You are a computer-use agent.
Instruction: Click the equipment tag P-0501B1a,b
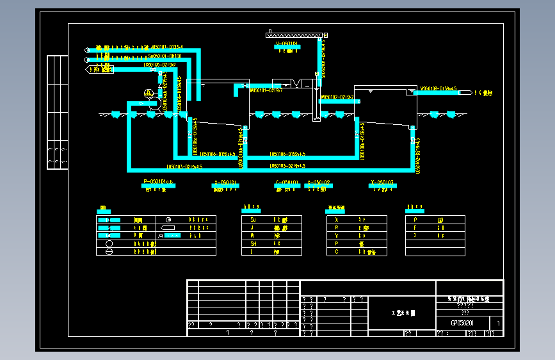[x=159, y=183]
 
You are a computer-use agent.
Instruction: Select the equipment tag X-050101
[x=225, y=183]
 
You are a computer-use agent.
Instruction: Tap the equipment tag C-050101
[x=287, y=183]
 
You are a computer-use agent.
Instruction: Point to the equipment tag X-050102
[x=318, y=183]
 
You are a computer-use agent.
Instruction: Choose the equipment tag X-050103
[x=383, y=183]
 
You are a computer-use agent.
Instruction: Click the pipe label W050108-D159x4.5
[x=438, y=88]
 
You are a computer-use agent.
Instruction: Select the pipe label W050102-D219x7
[x=338, y=97]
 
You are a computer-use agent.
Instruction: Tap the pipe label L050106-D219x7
[x=160, y=65]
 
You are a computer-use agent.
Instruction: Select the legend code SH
[x=253, y=243]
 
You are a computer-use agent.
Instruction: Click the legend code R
[x=336, y=227]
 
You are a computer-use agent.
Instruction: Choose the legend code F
[x=415, y=227]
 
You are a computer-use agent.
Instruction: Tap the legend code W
[x=253, y=236]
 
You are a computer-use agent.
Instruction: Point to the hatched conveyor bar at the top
[x=293, y=35]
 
